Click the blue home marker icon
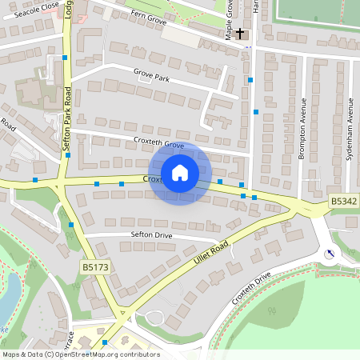(x=180, y=172)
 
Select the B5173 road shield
(x=94, y=265)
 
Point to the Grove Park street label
(x=151, y=77)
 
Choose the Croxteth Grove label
(x=158, y=146)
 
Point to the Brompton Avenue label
(x=302, y=129)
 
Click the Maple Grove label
(x=229, y=19)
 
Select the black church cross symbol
(x=240, y=34)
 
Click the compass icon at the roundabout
(x=329, y=254)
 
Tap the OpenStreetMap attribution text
(x=80, y=354)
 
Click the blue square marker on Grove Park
(x=250, y=80)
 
